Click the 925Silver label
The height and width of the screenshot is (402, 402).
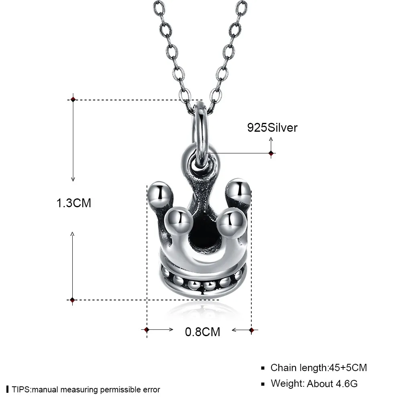(272, 128)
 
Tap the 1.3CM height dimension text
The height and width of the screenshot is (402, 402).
(73, 203)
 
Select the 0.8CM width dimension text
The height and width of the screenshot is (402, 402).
(202, 332)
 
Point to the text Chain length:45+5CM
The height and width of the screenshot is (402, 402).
(319, 367)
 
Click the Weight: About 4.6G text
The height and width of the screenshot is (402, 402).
(314, 384)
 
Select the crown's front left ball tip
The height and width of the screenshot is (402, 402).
(178, 221)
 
